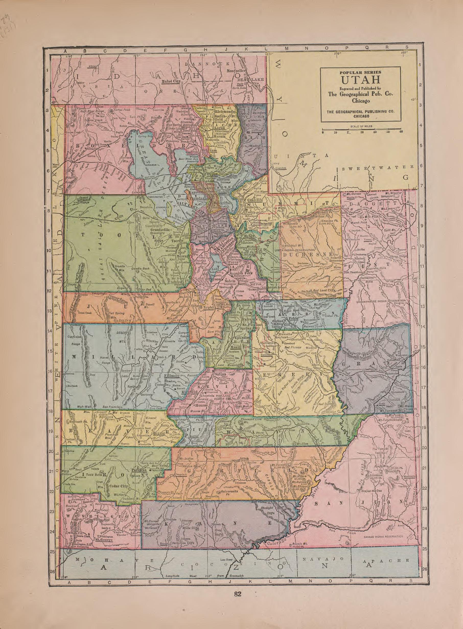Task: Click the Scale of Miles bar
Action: coord(362,130)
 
